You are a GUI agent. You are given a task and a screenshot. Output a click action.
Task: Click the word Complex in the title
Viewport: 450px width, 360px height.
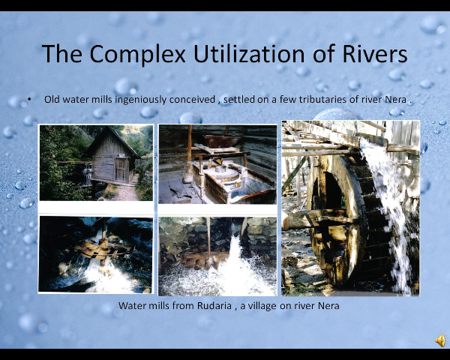point(138,55)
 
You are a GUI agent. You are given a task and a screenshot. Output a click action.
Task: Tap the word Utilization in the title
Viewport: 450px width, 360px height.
point(249,53)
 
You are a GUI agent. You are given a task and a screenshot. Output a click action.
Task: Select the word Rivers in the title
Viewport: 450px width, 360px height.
point(375,54)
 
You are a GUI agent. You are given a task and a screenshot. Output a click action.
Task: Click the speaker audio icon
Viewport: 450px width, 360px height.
point(440,340)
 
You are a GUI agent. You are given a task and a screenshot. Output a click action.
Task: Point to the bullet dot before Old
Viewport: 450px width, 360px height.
point(29,99)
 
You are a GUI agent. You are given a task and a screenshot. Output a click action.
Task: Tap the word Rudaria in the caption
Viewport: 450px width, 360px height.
point(214,305)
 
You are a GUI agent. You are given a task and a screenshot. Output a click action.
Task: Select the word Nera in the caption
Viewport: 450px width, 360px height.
point(328,305)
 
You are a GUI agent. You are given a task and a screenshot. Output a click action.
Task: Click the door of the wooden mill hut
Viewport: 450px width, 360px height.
point(121,169)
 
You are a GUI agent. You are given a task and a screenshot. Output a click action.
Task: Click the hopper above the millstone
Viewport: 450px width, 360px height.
point(221,141)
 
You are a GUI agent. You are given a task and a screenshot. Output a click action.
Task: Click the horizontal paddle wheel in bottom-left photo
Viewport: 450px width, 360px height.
point(103,249)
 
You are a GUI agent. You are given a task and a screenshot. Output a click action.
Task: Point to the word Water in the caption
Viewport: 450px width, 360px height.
point(130,305)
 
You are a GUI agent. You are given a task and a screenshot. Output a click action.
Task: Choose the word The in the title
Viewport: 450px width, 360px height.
point(62,54)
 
